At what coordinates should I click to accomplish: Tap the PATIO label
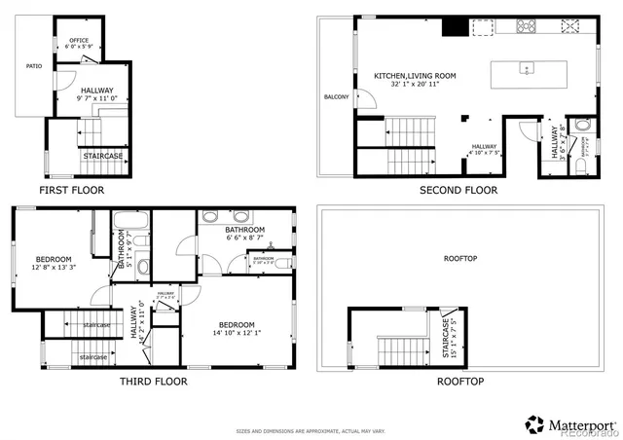click(34, 67)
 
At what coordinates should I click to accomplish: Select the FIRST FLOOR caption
click(71, 190)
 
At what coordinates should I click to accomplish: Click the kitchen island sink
click(526, 68)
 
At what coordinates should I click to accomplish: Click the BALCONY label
click(337, 97)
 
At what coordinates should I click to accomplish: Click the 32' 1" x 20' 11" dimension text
click(413, 85)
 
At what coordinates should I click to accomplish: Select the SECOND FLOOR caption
click(458, 190)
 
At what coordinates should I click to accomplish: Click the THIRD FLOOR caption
click(153, 381)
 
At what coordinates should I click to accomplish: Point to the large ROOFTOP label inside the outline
click(459, 258)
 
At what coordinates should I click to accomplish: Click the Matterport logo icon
click(534, 424)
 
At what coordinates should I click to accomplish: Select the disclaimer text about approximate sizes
click(311, 429)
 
